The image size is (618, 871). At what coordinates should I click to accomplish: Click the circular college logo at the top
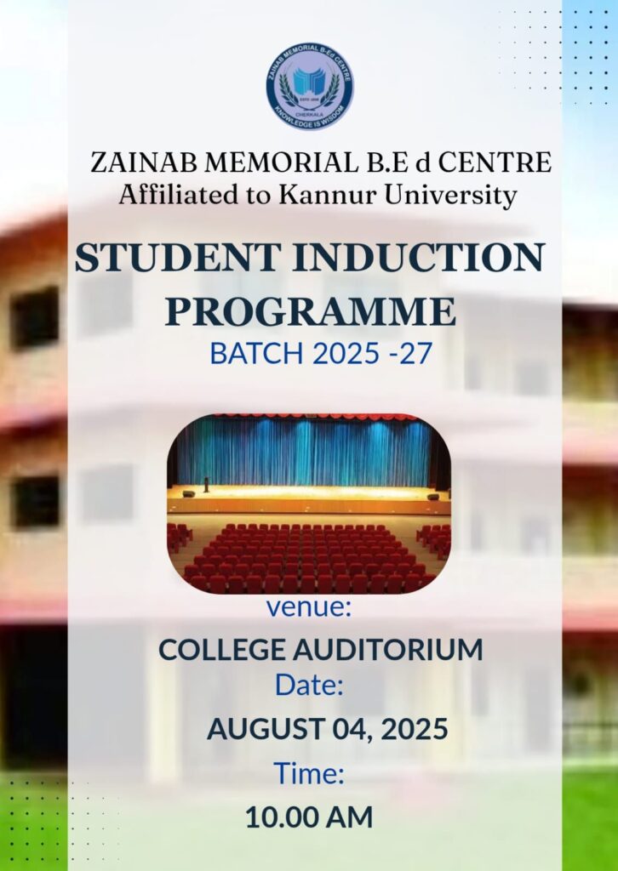click(x=310, y=87)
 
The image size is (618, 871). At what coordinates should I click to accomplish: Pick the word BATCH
click(x=257, y=353)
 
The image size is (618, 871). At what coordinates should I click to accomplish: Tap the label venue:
click(x=309, y=607)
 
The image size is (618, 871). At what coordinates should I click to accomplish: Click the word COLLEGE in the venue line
click(x=222, y=650)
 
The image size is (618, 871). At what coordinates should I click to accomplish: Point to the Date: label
click(x=309, y=685)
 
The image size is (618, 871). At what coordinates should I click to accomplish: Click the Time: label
click(x=309, y=774)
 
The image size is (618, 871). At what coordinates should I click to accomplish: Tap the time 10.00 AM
click(x=309, y=817)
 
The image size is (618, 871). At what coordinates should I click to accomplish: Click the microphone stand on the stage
click(x=206, y=484)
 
